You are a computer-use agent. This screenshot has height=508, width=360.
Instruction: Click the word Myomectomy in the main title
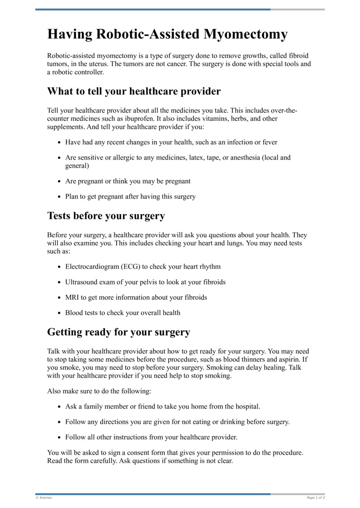coord(246,35)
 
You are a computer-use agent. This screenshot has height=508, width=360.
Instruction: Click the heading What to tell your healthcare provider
coord(134,92)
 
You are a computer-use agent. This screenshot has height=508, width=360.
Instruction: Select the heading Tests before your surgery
coord(106,216)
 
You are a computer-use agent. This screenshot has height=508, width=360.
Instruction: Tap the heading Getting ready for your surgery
coord(118,332)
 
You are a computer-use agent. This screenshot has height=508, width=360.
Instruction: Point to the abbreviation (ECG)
coord(130,267)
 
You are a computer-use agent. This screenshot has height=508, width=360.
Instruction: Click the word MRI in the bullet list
coord(72,298)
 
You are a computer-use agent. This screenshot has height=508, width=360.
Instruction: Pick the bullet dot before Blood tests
coord(59,313)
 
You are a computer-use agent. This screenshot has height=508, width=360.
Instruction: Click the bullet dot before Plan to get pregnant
coord(59,197)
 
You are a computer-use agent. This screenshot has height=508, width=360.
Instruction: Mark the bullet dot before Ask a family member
coord(59,407)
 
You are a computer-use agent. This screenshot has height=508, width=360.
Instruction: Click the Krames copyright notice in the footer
coord(44,498)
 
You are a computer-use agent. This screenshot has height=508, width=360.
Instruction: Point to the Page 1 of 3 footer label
coord(315,498)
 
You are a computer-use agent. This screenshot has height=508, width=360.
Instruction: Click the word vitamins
coord(206,119)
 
